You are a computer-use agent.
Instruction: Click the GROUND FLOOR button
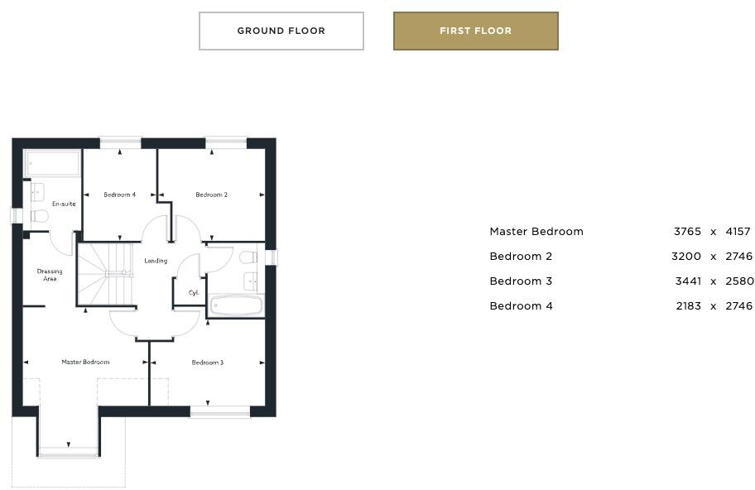point(281,31)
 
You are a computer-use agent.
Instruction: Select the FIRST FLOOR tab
point(475,31)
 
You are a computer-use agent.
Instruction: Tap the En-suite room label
point(64,204)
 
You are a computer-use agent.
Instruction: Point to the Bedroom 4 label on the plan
point(119,195)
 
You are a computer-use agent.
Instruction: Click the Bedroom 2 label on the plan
point(211,195)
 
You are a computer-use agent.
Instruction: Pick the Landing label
point(156,261)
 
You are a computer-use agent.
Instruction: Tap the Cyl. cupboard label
point(194,292)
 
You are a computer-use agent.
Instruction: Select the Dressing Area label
point(50,275)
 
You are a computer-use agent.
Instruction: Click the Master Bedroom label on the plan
point(85,363)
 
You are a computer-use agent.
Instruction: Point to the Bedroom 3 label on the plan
point(208,363)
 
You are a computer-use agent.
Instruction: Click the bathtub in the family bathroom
point(236,306)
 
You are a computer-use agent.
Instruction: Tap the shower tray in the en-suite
point(51,163)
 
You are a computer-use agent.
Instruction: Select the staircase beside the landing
point(105,274)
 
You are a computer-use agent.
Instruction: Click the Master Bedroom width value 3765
point(687,232)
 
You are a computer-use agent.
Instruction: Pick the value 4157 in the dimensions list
point(738,232)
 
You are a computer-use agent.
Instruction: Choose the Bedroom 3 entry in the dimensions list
point(521,281)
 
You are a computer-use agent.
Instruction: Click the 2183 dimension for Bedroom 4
point(687,306)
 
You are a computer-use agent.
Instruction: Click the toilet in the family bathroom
point(248,257)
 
